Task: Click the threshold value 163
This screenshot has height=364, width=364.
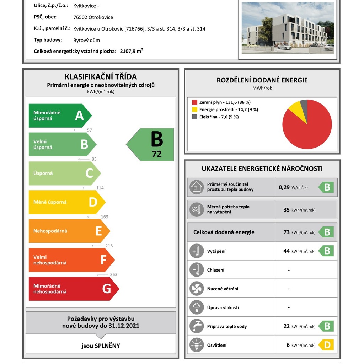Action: pos(105,217)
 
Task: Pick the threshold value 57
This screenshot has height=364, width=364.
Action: pos(89,130)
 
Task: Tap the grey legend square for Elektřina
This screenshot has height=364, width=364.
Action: pos(194,117)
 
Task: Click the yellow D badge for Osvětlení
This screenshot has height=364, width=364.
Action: pos(326,345)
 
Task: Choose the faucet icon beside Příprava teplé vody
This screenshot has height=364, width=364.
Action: pos(197,326)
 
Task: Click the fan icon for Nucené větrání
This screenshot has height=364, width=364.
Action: pos(197,289)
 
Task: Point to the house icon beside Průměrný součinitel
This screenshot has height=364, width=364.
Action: pos(197,187)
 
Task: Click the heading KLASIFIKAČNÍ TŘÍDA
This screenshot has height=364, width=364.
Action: pos(101,77)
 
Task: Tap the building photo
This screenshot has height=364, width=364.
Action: pos(288,28)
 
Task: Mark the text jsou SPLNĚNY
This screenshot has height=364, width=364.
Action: pos(101,346)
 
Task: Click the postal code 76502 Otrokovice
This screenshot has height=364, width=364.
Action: pos(93,17)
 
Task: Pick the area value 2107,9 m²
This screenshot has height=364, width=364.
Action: pos(131,51)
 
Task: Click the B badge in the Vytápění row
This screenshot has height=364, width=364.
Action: pos(326,251)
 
